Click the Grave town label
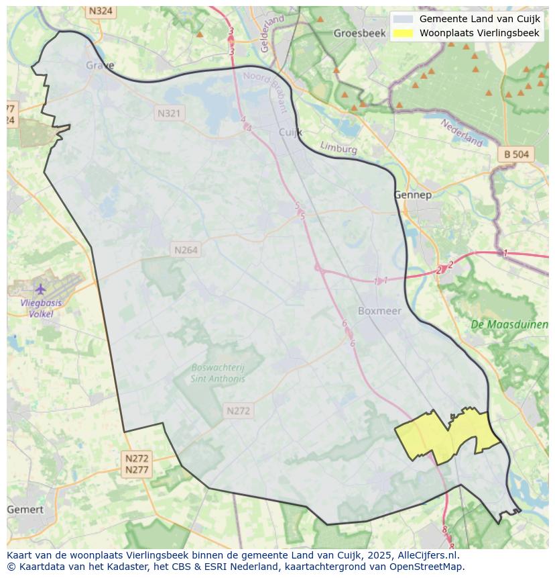(x=100, y=66)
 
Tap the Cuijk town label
(x=290, y=132)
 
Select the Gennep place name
(x=412, y=195)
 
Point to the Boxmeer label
(x=379, y=311)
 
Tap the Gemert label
(x=25, y=510)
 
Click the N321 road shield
(x=169, y=113)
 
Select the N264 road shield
(x=186, y=250)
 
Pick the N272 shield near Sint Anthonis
(x=238, y=411)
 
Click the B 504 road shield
(x=516, y=154)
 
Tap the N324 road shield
(x=101, y=11)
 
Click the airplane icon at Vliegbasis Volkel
(x=40, y=289)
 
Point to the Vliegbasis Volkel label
(x=41, y=308)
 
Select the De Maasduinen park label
(x=509, y=324)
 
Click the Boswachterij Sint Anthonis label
(x=218, y=373)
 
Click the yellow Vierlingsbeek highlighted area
(x=447, y=436)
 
